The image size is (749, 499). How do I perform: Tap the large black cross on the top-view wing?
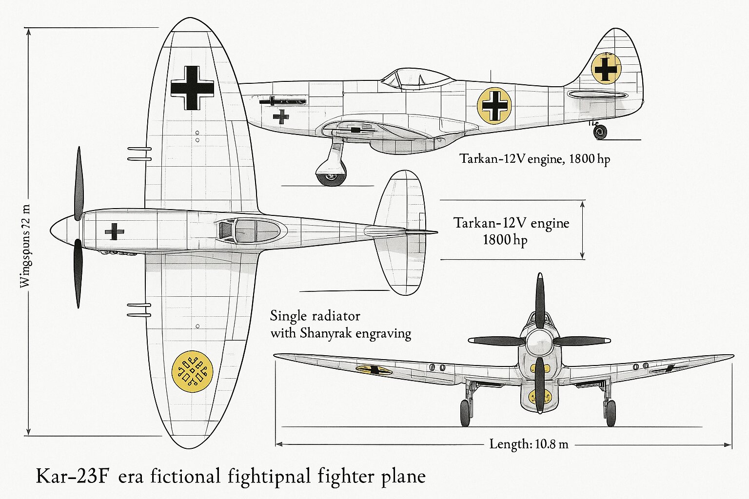pos(192,88)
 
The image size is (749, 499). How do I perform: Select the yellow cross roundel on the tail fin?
pos(606,68)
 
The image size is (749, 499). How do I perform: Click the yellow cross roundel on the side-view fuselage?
pos(494,105)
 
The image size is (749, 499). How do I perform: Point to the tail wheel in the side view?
pos(600,132)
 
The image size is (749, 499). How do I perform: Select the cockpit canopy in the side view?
pos(417,78)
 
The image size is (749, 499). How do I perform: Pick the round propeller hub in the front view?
pos(539,340)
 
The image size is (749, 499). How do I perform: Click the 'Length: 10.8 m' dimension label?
pos(529,444)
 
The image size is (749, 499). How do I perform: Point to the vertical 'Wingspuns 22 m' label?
pos(25,246)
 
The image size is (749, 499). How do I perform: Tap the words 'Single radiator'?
pos(315,316)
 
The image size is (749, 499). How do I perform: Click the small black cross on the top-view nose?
pos(114,231)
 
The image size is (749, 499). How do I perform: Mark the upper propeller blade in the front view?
pos(539,300)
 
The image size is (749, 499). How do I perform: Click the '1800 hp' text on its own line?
pos(505,240)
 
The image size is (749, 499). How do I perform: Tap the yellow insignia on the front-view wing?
pos(374,370)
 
